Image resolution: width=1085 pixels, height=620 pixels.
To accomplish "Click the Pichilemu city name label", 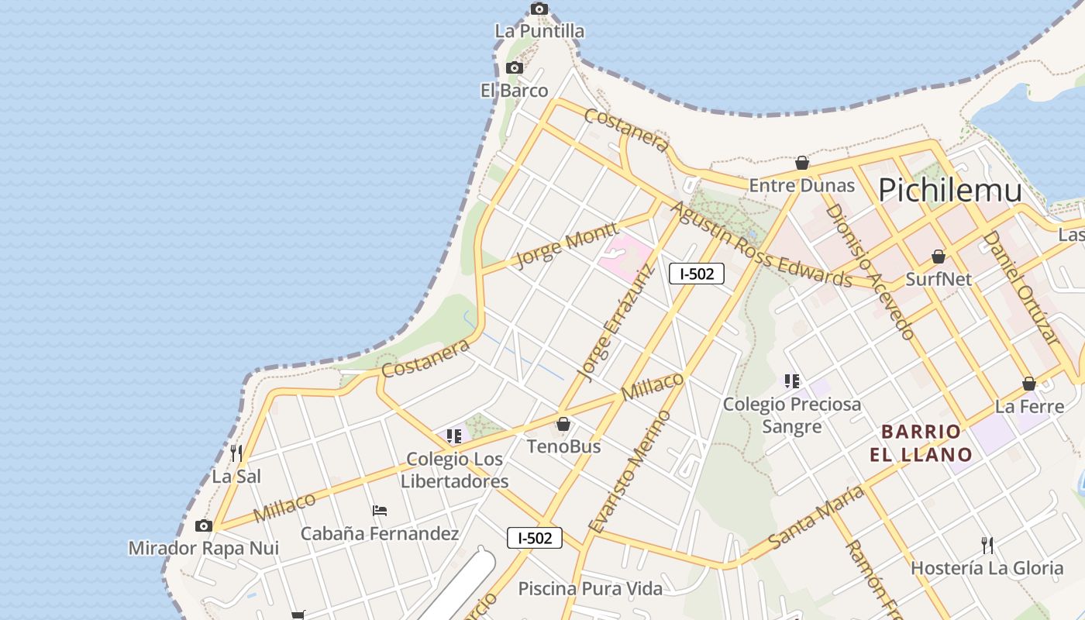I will pyautogui.click(x=949, y=190).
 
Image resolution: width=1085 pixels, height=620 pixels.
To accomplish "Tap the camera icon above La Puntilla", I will pyautogui.click(x=539, y=9).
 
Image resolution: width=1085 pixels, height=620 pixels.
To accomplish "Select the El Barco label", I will pyautogui.click(x=514, y=91).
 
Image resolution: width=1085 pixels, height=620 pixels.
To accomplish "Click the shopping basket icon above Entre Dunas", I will pyautogui.click(x=802, y=163).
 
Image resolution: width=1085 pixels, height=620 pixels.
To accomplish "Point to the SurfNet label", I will pyautogui.click(x=938, y=279).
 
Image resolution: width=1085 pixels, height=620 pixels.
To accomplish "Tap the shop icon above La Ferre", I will pyautogui.click(x=1028, y=384).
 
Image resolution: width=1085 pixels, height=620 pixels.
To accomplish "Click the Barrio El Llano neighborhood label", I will pyautogui.click(x=921, y=443).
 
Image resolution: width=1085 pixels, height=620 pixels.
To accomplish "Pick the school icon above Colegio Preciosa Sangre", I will pyautogui.click(x=791, y=381).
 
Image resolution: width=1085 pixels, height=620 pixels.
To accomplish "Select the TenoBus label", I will pyautogui.click(x=563, y=446).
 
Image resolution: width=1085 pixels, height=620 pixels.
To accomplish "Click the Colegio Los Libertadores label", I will pyautogui.click(x=455, y=470).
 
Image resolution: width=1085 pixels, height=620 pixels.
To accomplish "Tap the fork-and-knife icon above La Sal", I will pyautogui.click(x=236, y=453).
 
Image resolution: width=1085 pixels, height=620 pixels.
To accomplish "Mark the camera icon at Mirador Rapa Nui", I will pyautogui.click(x=204, y=525).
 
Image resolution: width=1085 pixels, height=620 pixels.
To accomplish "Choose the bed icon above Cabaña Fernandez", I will pyautogui.click(x=379, y=511).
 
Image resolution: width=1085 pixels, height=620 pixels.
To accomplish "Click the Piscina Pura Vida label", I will pyautogui.click(x=591, y=589).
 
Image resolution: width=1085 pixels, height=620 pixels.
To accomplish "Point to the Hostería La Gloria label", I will pyautogui.click(x=987, y=568).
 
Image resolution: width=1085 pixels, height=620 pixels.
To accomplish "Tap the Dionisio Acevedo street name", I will pyautogui.click(x=870, y=271).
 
